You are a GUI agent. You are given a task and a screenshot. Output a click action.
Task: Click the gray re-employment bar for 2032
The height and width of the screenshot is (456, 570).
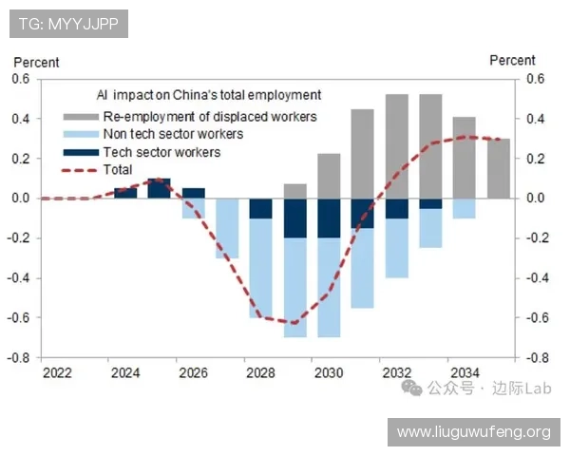point(397,146)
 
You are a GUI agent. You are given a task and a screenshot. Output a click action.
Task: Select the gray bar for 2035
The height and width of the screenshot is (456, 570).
point(499,168)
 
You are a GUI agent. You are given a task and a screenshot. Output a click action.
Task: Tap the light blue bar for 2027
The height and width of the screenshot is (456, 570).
point(227,228)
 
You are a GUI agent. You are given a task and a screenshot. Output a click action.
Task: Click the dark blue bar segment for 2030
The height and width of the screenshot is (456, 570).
point(329,218)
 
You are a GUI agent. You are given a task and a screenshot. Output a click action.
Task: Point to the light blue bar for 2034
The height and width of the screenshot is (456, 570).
point(465,208)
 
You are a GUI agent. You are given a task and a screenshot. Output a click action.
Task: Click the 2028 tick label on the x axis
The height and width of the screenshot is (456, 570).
point(260,371)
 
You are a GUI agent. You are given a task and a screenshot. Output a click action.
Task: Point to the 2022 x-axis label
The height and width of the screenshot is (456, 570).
point(58,371)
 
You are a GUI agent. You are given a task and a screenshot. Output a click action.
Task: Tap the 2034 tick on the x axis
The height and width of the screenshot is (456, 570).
point(465,371)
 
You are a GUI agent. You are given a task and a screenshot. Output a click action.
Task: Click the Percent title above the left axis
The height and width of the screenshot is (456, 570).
point(36,62)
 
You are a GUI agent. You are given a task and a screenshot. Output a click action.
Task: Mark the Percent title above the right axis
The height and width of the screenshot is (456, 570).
point(512,60)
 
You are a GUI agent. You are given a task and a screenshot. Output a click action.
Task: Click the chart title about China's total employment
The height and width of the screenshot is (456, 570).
point(209,95)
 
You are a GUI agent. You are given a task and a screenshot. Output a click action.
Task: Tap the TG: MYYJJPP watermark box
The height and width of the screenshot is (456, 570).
point(69,23)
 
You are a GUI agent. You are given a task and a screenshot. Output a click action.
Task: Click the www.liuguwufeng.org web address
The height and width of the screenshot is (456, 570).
point(473,432)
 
